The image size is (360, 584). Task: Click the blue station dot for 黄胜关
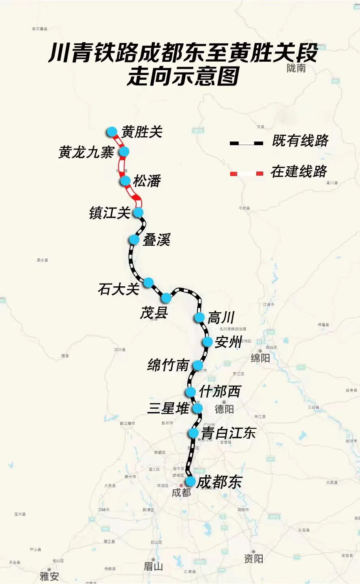pos(112,132)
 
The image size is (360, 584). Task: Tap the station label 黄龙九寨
pos(86,152)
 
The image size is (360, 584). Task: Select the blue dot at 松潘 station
pos(125,181)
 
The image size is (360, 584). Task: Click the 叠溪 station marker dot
pos(134,240)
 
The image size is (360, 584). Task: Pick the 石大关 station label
pos(118,289)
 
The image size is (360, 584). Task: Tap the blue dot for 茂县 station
pos(166,298)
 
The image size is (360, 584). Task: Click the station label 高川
pos(221,318)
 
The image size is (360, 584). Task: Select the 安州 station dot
pos(208,342)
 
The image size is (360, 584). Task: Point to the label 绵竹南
pos(168,365)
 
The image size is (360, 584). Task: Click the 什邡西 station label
pos(220,391)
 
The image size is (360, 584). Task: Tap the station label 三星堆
pos(168,408)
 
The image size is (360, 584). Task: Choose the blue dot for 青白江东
pos(194,433)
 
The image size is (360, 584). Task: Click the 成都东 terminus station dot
pos(190,481)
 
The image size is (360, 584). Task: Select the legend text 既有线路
pos(300,141)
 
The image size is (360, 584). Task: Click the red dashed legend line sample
pos(246,173)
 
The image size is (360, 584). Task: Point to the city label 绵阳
pos(260,358)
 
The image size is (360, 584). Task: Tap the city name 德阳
pos(224,409)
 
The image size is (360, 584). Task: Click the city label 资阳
pos(253,559)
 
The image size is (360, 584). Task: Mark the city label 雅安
pos(49,576)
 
